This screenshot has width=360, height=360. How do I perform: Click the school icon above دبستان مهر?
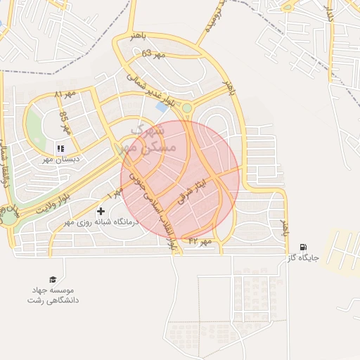click(x=60, y=148)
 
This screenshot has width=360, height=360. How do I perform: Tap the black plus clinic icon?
click(x=101, y=211)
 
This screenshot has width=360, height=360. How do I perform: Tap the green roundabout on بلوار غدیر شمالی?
click(x=187, y=108)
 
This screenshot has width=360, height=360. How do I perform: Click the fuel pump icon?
click(x=303, y=247)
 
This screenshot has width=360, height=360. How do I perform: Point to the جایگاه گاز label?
click(x=303, y=258)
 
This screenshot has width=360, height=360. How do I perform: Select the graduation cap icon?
click(x=52, y=279)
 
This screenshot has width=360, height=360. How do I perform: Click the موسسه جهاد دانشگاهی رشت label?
click(x=53, y=295)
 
